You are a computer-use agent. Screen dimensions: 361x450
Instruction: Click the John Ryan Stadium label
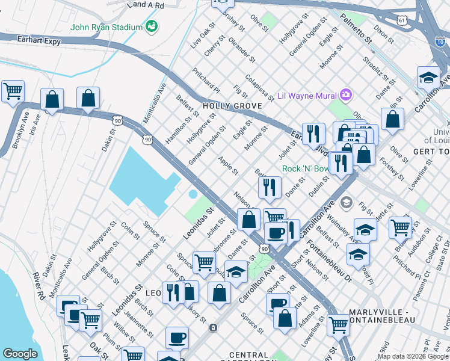[x=106, y=27]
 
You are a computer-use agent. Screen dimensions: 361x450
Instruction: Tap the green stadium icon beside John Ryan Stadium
[x=152, y=26]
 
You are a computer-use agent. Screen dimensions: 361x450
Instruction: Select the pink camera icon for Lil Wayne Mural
[x=345, y=94]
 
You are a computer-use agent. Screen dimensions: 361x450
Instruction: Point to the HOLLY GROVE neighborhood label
[x=232, y=106]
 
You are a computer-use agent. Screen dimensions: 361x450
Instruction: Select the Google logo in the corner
[x=20, y=354]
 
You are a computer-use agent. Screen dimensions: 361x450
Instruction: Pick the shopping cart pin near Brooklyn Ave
[x=13, y=91]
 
